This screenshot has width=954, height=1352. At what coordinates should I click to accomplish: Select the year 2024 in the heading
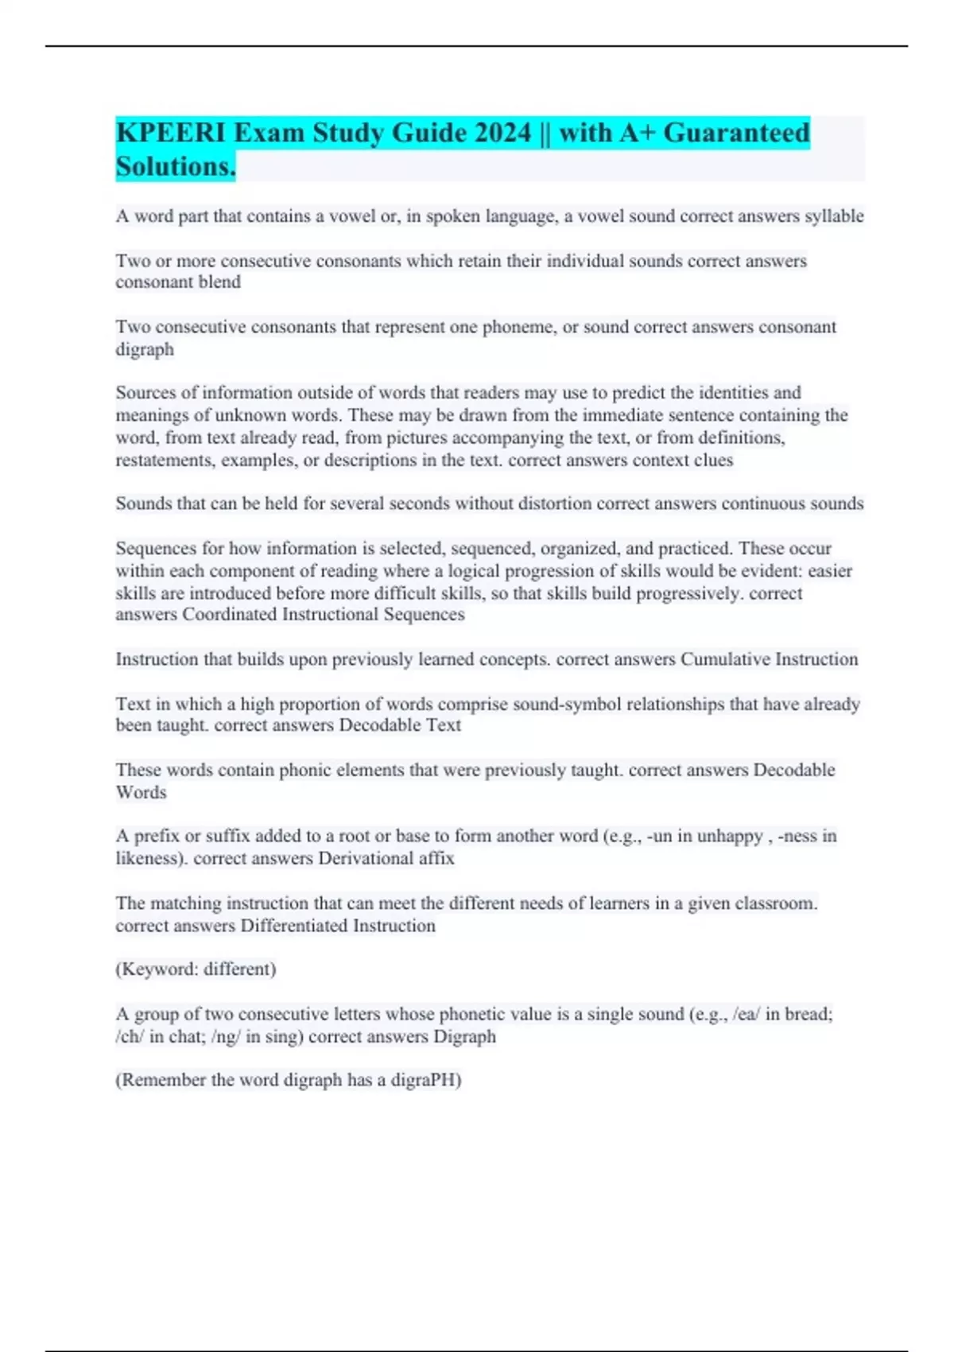[x=502, y=133]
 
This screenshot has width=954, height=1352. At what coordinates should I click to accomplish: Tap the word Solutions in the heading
[x=175, y=167]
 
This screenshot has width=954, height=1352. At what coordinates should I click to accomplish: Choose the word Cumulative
[x=725, y=659]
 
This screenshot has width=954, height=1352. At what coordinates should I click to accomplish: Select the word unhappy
[x=729, y=837]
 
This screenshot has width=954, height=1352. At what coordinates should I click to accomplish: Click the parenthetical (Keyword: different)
[x=196, y=969]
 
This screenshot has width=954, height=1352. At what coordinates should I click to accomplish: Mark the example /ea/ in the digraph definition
[x=746, y=1014]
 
